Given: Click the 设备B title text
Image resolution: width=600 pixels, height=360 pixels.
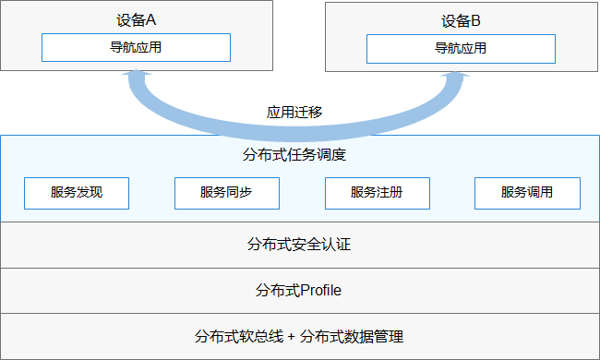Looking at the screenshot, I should coord(461,18).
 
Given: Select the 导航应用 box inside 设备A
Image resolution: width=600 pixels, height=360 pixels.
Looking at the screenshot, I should coord(136,47).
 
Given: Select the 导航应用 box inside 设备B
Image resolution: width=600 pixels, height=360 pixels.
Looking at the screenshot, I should coord(461,48).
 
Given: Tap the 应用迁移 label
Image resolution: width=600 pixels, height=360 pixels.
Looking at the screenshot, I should coord(294,113).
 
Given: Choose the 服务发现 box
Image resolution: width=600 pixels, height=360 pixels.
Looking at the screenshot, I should coord(77,194).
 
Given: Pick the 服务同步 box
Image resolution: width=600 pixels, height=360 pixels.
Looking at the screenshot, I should coord(226,194).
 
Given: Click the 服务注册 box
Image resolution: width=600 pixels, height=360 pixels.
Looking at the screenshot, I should coord(377,194).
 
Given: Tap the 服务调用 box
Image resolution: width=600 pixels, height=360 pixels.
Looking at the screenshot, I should coord(527,194).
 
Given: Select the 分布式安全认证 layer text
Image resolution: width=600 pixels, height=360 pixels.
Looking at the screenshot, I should coord(299,245).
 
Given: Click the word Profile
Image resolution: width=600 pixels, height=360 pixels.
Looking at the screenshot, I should coord(321,291).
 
